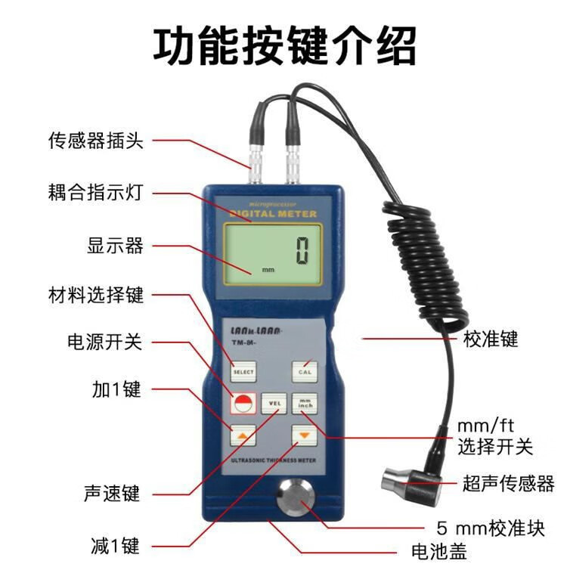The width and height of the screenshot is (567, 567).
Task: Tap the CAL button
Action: (x=305, y=371)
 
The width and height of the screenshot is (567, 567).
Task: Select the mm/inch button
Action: (x=305, y=404)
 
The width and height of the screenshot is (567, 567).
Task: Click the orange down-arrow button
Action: (x=304, y=436)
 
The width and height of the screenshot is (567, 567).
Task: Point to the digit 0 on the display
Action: (x=302, y=250)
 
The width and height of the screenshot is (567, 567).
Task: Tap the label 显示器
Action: (x=115, y=246)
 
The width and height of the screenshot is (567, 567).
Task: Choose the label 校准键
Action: (x=491, y=339)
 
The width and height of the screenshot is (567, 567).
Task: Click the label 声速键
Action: (x=112, y=494)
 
